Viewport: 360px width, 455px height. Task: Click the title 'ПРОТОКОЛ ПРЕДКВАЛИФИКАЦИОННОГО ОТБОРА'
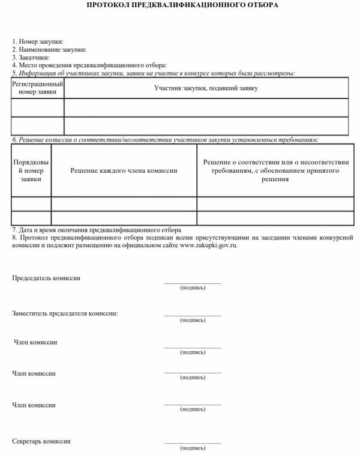(x=182, y=5)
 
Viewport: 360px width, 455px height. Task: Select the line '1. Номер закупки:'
(x=38, y=42)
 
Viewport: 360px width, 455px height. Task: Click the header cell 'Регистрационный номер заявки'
(x=38, y=88)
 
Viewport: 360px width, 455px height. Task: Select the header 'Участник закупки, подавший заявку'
(x=206, y=88)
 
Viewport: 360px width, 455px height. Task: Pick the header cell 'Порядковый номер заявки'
(x=31, y=170)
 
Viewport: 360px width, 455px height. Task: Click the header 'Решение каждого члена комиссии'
(x=124, y=171)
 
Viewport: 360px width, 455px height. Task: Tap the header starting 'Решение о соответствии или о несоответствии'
(x=275, y=170)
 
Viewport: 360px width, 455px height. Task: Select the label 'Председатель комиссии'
(x=46, y=279)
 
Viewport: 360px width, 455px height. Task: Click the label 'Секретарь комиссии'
(x=41, y=441)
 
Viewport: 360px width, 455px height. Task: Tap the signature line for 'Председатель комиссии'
(x=193, y=283)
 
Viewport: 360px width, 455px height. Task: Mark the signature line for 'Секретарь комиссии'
(x=193, y=443)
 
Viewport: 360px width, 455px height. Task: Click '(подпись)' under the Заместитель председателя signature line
(x=193, y=320)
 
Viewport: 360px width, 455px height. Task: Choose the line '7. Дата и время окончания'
(x=97, y=230)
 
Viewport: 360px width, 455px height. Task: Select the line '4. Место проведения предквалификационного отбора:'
(x=89, y=65)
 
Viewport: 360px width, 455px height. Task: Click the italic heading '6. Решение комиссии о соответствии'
(x=165, y=140)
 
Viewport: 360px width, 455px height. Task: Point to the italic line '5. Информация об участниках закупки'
(x=154, y=73)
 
